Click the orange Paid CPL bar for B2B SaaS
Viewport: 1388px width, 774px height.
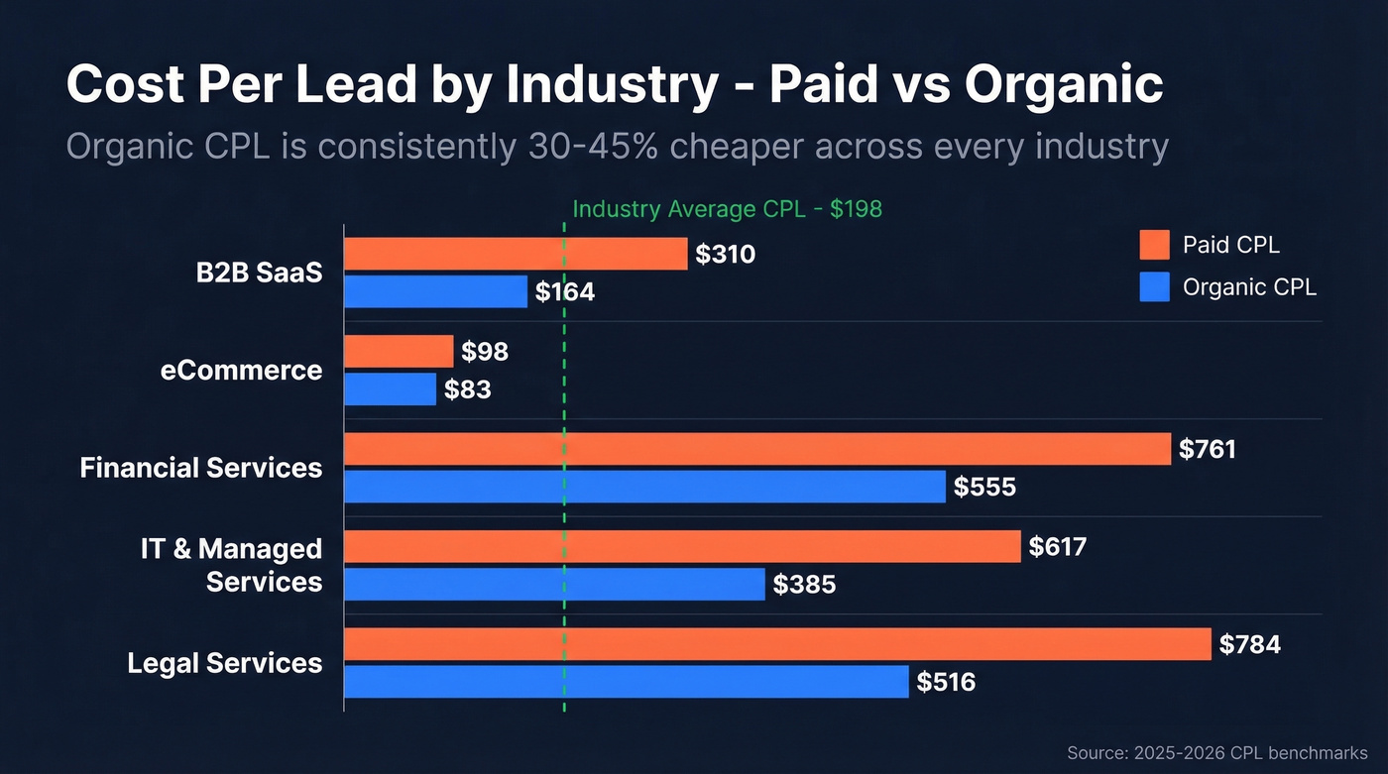click(x=516, y=254)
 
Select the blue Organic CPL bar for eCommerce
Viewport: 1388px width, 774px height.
click(x=390, y=389)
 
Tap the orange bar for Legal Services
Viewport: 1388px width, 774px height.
click(x=777, y=644)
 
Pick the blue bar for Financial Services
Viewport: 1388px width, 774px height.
click(x=644, y=487)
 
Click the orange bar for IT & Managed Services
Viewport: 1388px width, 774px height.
click(x=682, y=546)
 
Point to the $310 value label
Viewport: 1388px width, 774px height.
click(x=725, y=255)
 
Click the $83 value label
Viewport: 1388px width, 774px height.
click(x=467, y=390)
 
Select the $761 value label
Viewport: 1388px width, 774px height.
click(x=1208, y=450)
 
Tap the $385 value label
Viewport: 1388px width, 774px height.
click(x=804, y=585)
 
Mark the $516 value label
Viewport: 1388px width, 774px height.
click(x=946, y=682)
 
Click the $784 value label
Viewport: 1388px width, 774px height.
click(x=1249, y=645)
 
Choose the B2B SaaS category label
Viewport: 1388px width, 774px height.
click(x=259, y=274)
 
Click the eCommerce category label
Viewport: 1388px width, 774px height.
click(x=241, y=371)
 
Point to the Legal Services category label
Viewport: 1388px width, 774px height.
click(x=225, y=663)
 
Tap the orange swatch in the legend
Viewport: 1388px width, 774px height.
click(x=1154, y=245)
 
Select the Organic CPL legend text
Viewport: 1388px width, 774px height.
click(x=1249, y=287)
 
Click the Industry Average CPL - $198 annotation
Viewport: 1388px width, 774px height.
click(x=727, y=209)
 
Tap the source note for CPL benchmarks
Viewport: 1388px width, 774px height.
click(x=1216, y=753)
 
